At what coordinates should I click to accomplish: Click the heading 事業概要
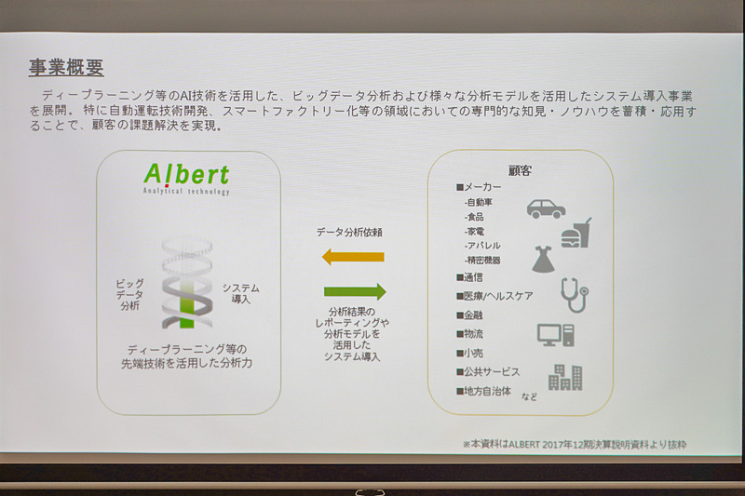(65, 68)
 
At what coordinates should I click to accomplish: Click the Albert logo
(186, 176)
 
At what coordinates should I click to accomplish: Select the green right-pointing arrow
(354, 291)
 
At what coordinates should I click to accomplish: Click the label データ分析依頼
(352, 230)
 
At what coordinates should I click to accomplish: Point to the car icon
(546, 208)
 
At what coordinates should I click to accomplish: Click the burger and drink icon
(576, 233)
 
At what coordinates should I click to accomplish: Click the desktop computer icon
(555, 335)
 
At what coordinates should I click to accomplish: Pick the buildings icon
(565, 376)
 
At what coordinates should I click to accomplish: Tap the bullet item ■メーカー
(478, 187)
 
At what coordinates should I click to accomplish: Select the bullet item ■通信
(469, 276)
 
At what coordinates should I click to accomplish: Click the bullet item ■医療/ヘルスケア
(494, 296)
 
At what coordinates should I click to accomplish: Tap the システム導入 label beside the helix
(241, 293)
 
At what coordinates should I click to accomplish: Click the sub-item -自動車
(481, 202)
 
